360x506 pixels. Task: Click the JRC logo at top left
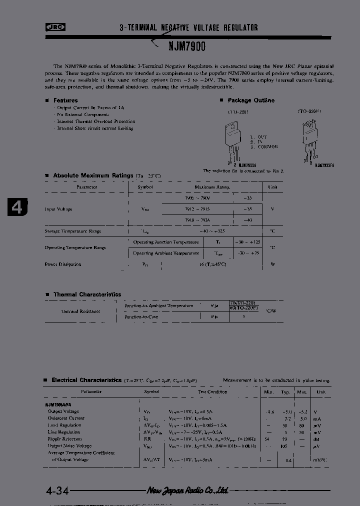55,28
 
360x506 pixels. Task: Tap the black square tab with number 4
17,207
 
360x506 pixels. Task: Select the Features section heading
65,100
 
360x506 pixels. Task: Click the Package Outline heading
251,100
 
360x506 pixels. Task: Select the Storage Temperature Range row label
73,231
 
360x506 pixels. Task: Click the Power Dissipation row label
63,264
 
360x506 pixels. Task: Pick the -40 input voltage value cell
247,220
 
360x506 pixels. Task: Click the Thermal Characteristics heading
87,295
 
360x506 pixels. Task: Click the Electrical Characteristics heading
86,380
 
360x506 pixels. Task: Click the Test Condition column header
212,392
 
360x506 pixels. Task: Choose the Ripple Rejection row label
64,438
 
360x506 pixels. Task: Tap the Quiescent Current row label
66,418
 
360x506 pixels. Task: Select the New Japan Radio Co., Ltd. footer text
187,490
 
